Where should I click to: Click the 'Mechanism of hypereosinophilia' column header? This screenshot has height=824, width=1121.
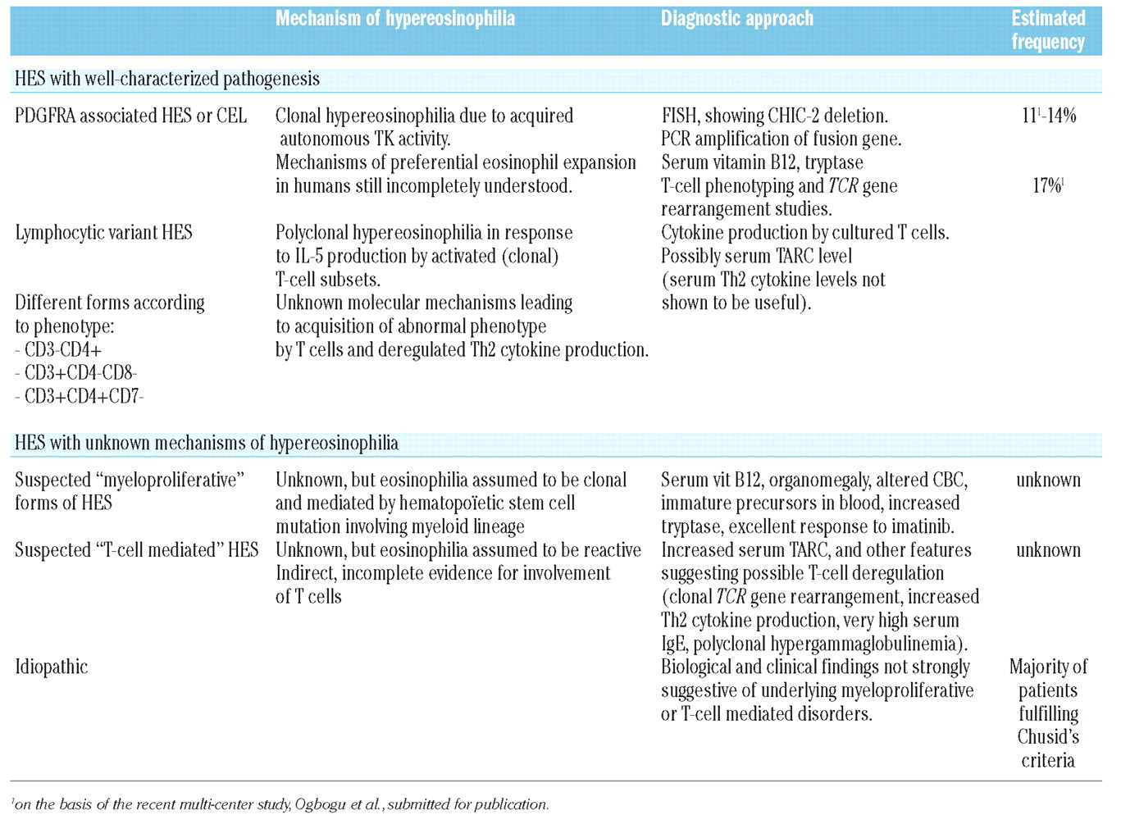(394, 19)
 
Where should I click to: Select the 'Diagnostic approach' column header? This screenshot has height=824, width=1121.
(736, 19)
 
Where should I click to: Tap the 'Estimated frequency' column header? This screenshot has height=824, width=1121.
(1047, 30)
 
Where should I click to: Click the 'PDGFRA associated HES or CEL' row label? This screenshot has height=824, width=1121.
(130, 116)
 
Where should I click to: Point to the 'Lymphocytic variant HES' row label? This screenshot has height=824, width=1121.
(103, 233)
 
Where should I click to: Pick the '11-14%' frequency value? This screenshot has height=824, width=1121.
(1048, 116)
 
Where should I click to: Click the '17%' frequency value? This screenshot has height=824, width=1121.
(1047, 186)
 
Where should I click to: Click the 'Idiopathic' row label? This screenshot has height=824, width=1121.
(51, 667)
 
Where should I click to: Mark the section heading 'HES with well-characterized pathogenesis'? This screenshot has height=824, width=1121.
(167, 80)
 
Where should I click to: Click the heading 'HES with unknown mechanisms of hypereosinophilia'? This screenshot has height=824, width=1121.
(207, 444)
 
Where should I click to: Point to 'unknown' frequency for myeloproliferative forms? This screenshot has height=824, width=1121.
(1048, 480)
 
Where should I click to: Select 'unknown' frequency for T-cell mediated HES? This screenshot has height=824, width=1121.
(1048, 550)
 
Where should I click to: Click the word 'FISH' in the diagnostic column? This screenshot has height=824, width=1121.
(679, 116)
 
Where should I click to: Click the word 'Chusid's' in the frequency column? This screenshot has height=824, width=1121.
(1048, 736)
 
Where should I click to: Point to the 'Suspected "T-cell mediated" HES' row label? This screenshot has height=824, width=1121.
(136, 550)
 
